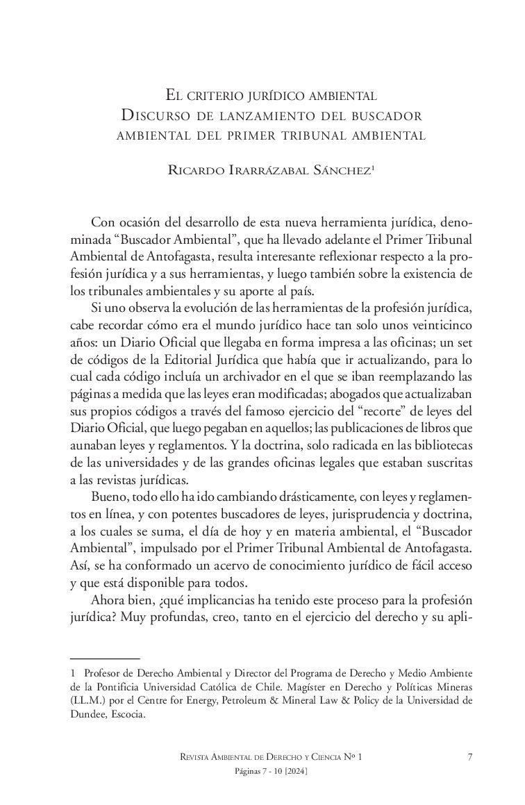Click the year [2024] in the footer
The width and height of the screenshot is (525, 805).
(x=296, y=772)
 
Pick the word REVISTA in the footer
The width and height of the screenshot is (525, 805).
(x=199, y=758)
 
